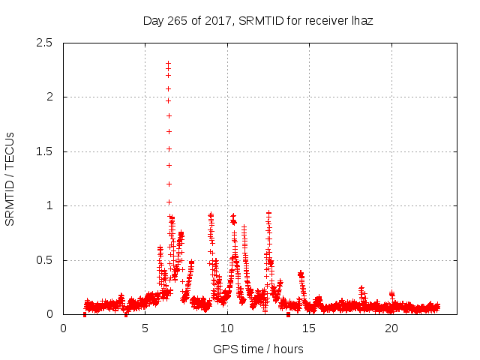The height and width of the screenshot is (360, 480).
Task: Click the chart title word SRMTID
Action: [x=259, y=21]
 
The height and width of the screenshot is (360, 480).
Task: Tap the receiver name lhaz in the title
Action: [x=361, y=21]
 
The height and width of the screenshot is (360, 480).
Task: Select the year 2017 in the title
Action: [x=219, y=21]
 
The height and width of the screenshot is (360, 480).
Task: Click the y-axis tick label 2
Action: [x=49, y=97]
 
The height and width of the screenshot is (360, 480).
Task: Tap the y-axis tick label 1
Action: [x=49, y=205]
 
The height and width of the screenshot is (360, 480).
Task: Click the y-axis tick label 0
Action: [x=49, y=314]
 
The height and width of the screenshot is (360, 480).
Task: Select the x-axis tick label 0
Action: [x=63, y=328]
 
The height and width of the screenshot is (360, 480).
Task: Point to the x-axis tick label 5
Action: [x=145, y=328]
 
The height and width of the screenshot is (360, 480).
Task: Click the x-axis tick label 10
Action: [x=227, y=328]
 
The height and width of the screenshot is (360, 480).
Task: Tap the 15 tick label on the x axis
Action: [x=309, y=328]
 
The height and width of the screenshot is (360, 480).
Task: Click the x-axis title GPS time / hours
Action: [x=258, y=349]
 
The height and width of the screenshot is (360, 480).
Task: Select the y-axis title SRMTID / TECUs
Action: [x=10, y=178]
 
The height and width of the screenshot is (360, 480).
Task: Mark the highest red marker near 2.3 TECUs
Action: [x=169, y=64]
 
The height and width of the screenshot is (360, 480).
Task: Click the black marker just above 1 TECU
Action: [x=169, y=201]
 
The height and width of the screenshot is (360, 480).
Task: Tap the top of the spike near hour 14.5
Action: [x=301, y=274]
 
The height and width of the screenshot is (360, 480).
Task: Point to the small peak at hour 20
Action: [x=391, y=293]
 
